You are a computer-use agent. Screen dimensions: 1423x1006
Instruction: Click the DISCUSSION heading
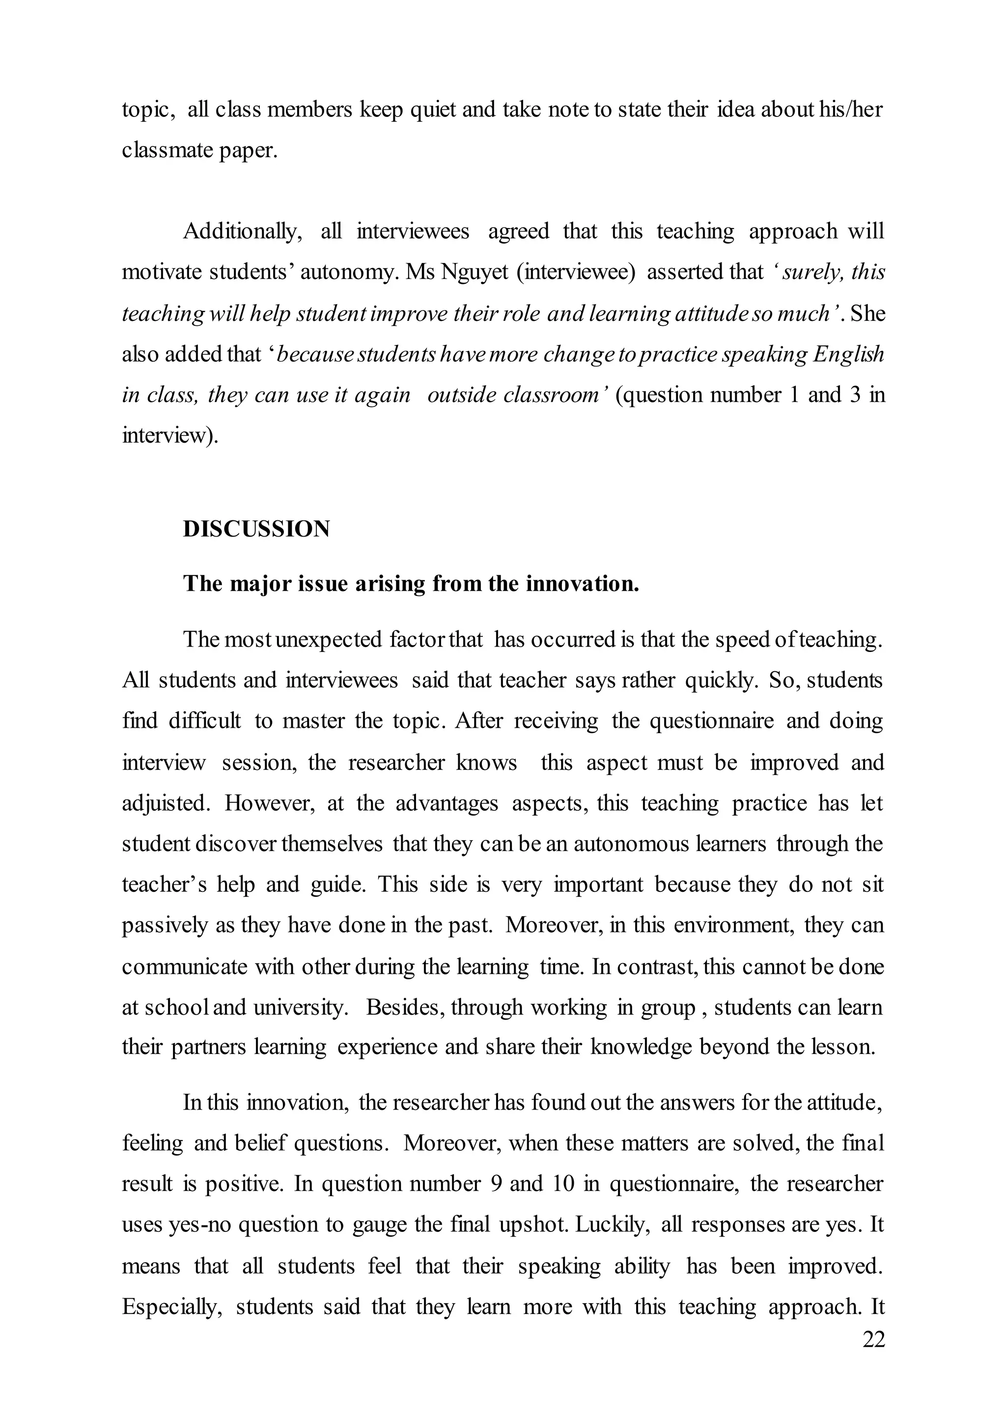256,529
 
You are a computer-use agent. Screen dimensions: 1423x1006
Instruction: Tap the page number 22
873,1339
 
